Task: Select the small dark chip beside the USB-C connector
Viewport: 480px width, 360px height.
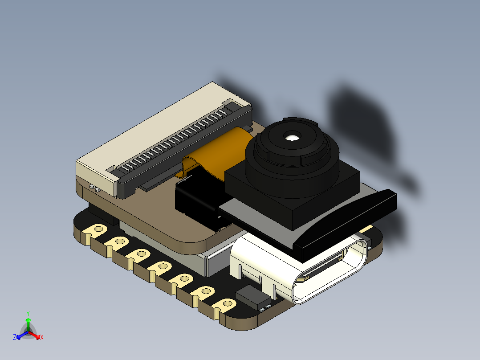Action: (253, 296)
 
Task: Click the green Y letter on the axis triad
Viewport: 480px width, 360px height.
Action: (28, 313)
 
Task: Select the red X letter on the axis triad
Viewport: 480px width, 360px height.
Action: (42, 338)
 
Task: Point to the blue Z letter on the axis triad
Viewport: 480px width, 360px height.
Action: (15, 338)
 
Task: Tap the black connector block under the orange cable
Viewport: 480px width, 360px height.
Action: (196, 200)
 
